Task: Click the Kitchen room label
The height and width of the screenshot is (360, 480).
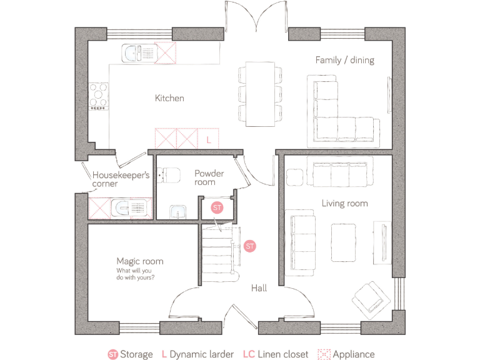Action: point(169,98)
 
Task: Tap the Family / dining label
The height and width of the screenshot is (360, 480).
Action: point(344,61)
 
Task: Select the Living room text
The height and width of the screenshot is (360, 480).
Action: point(344,203)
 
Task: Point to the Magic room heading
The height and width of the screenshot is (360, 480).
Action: point(139,261)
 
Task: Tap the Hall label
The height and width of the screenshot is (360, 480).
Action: point(259,288)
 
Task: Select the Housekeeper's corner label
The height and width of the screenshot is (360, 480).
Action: point(121,179)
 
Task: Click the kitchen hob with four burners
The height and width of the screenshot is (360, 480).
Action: point(98,97)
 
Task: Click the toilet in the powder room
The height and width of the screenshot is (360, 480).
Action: point(167,175)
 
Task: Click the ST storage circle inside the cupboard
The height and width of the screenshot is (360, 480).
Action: point(217,207)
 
